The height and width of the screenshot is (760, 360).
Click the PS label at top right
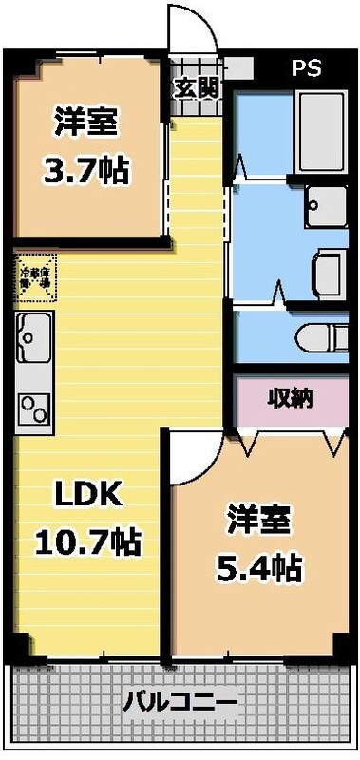pos(306,68)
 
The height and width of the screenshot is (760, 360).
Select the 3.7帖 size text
pos(85,172)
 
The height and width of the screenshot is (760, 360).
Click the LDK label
pos(86,494)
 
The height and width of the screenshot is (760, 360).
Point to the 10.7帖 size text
pos(87,541)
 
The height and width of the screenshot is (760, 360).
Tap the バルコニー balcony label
pos(180,705)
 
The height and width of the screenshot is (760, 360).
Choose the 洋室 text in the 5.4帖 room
pos(258,521)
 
